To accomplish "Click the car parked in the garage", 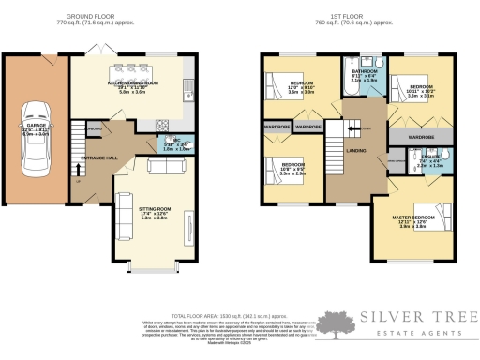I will pyautogui.click(x=37, y=142).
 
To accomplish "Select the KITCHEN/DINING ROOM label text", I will pyautogui.click(x=131, y=82).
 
